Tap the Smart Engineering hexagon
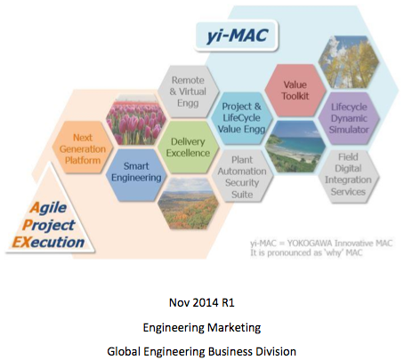pos(134,171)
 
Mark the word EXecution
pos(53,241)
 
